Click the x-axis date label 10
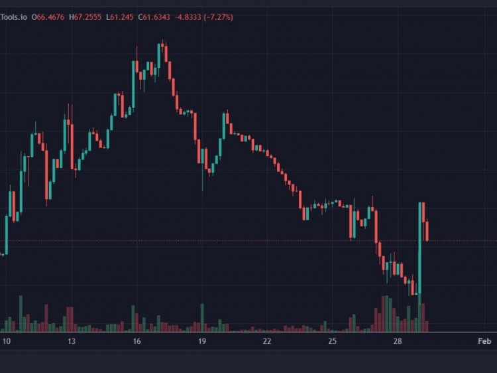tap(6, 341)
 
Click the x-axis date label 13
tap(71, 341)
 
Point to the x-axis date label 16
tap(137, 341)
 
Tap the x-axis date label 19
tap(202, 341)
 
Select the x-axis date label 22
tap(267, 341)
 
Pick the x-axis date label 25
tap(333, 341)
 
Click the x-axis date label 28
tap(398, 341)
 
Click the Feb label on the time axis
tap(484, 341)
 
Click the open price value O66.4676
tap(49, 17)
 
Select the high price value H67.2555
tap(85, 17)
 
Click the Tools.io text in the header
tap(14, 17)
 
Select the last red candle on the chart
tap(428, 231)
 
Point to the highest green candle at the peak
tap(159, 56)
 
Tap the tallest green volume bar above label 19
tap(202, 317)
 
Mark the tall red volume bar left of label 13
tap(46, 317)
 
